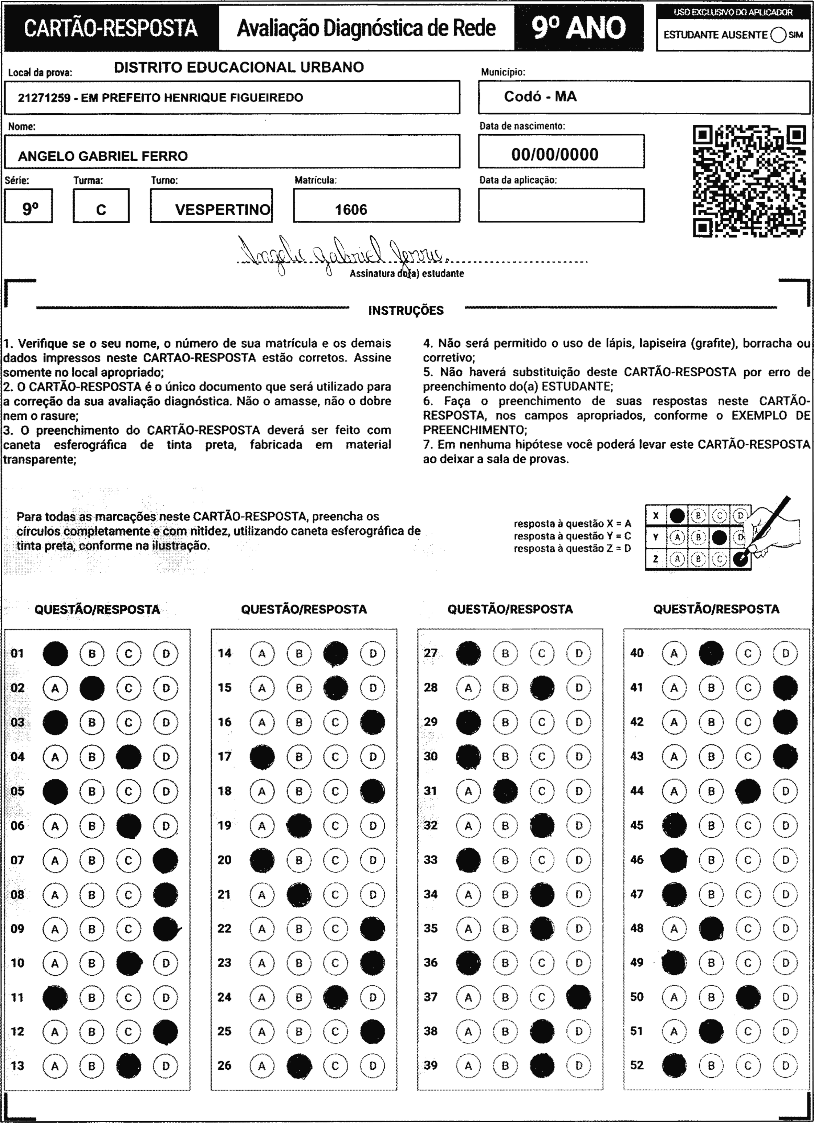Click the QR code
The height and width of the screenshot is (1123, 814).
(749, 181)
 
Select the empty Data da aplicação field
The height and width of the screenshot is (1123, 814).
(561, 205)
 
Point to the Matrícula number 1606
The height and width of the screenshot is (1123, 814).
(351, 209)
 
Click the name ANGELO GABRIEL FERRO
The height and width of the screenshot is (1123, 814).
(103, 156)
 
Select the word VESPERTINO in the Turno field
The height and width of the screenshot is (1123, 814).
(223, 209)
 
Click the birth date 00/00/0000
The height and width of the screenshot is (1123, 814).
(555, 154)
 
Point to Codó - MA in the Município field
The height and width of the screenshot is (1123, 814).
(540, 96)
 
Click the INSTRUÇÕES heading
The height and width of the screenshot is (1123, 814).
(406, 310)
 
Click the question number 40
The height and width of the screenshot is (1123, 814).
(636, 653)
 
